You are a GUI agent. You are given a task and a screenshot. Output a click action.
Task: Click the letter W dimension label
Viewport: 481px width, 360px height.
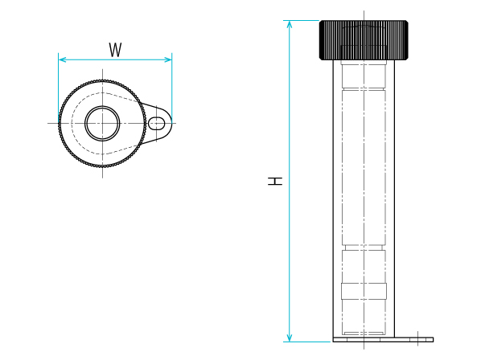(x=115, y=50)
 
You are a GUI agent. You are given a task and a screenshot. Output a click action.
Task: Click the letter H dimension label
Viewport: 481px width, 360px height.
(x=275, y=181)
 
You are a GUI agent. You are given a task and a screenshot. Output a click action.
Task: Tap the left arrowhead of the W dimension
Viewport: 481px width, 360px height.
(x=62, y=59)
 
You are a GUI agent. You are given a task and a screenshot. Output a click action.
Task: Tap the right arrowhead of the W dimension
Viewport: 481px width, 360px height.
(x=168, y=59)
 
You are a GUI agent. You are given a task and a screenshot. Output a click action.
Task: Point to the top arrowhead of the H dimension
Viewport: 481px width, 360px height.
(x=290, y=25)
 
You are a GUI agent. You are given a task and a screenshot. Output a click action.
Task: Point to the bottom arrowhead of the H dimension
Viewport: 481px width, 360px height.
(x=290, y=337)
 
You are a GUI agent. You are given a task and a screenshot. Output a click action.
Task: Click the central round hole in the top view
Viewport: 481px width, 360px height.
(x=102, y=123)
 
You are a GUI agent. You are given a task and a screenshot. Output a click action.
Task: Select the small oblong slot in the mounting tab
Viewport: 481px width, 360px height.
(x=157, y=124)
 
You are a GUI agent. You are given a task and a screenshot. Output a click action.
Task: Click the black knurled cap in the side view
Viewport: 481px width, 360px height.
(x=364, y=40)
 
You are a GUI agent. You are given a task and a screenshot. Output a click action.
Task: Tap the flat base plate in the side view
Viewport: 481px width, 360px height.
(x=383, y=339)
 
